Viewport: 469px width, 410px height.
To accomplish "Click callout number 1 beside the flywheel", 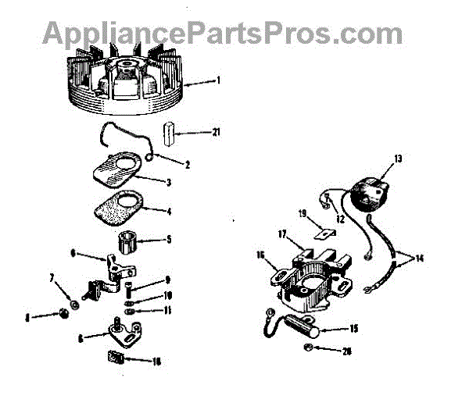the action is click(220, 80).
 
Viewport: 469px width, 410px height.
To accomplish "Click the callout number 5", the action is click(167, 241).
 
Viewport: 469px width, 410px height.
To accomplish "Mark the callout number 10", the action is click(167, 295).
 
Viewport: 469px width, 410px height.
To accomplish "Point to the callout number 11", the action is click(167, 310).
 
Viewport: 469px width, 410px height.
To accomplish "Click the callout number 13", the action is click(398, 159).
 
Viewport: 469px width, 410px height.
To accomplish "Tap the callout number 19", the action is click(301, 212).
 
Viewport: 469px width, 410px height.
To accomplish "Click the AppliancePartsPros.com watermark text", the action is click(222, 33).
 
